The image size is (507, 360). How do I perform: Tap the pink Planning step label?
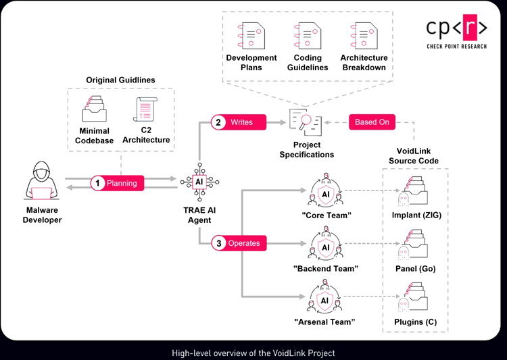coord(116,183)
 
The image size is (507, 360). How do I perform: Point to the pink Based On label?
coord(372,122)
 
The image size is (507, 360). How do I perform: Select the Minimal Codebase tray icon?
coord(95,108)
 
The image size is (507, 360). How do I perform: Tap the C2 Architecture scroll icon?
coord(145,108)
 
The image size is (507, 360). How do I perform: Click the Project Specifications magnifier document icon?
coord(306,122)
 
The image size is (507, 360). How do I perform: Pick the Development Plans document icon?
coord(251,34)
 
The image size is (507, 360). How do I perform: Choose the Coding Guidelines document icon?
coord(308,34)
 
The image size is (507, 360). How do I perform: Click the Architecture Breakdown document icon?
coord(363,34)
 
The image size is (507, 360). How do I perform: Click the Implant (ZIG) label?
coord(416,215)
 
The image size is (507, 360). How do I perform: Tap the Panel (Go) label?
coord(415,268)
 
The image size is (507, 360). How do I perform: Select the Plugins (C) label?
coord(415,322)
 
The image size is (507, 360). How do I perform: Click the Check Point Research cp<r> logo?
coord(456,30)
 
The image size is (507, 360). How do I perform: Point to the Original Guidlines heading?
coord(120,80)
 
